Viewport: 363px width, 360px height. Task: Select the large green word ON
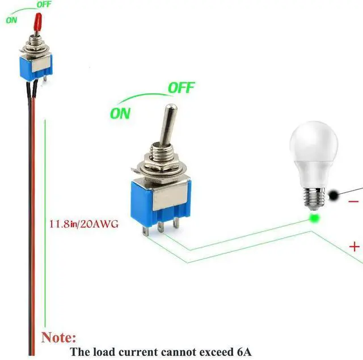[x=120, y=113]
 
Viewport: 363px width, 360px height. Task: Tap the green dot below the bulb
[x=313, y=218]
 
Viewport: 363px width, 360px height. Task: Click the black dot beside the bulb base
[x=333, y=195]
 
